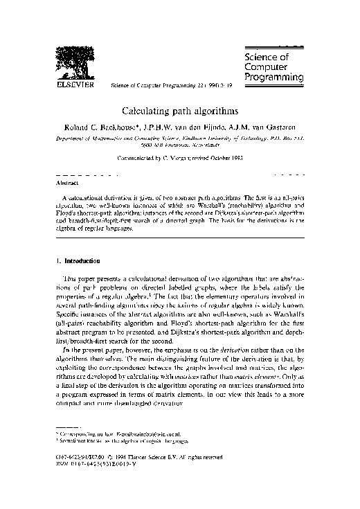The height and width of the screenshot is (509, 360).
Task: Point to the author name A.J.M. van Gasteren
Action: [271, 128]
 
